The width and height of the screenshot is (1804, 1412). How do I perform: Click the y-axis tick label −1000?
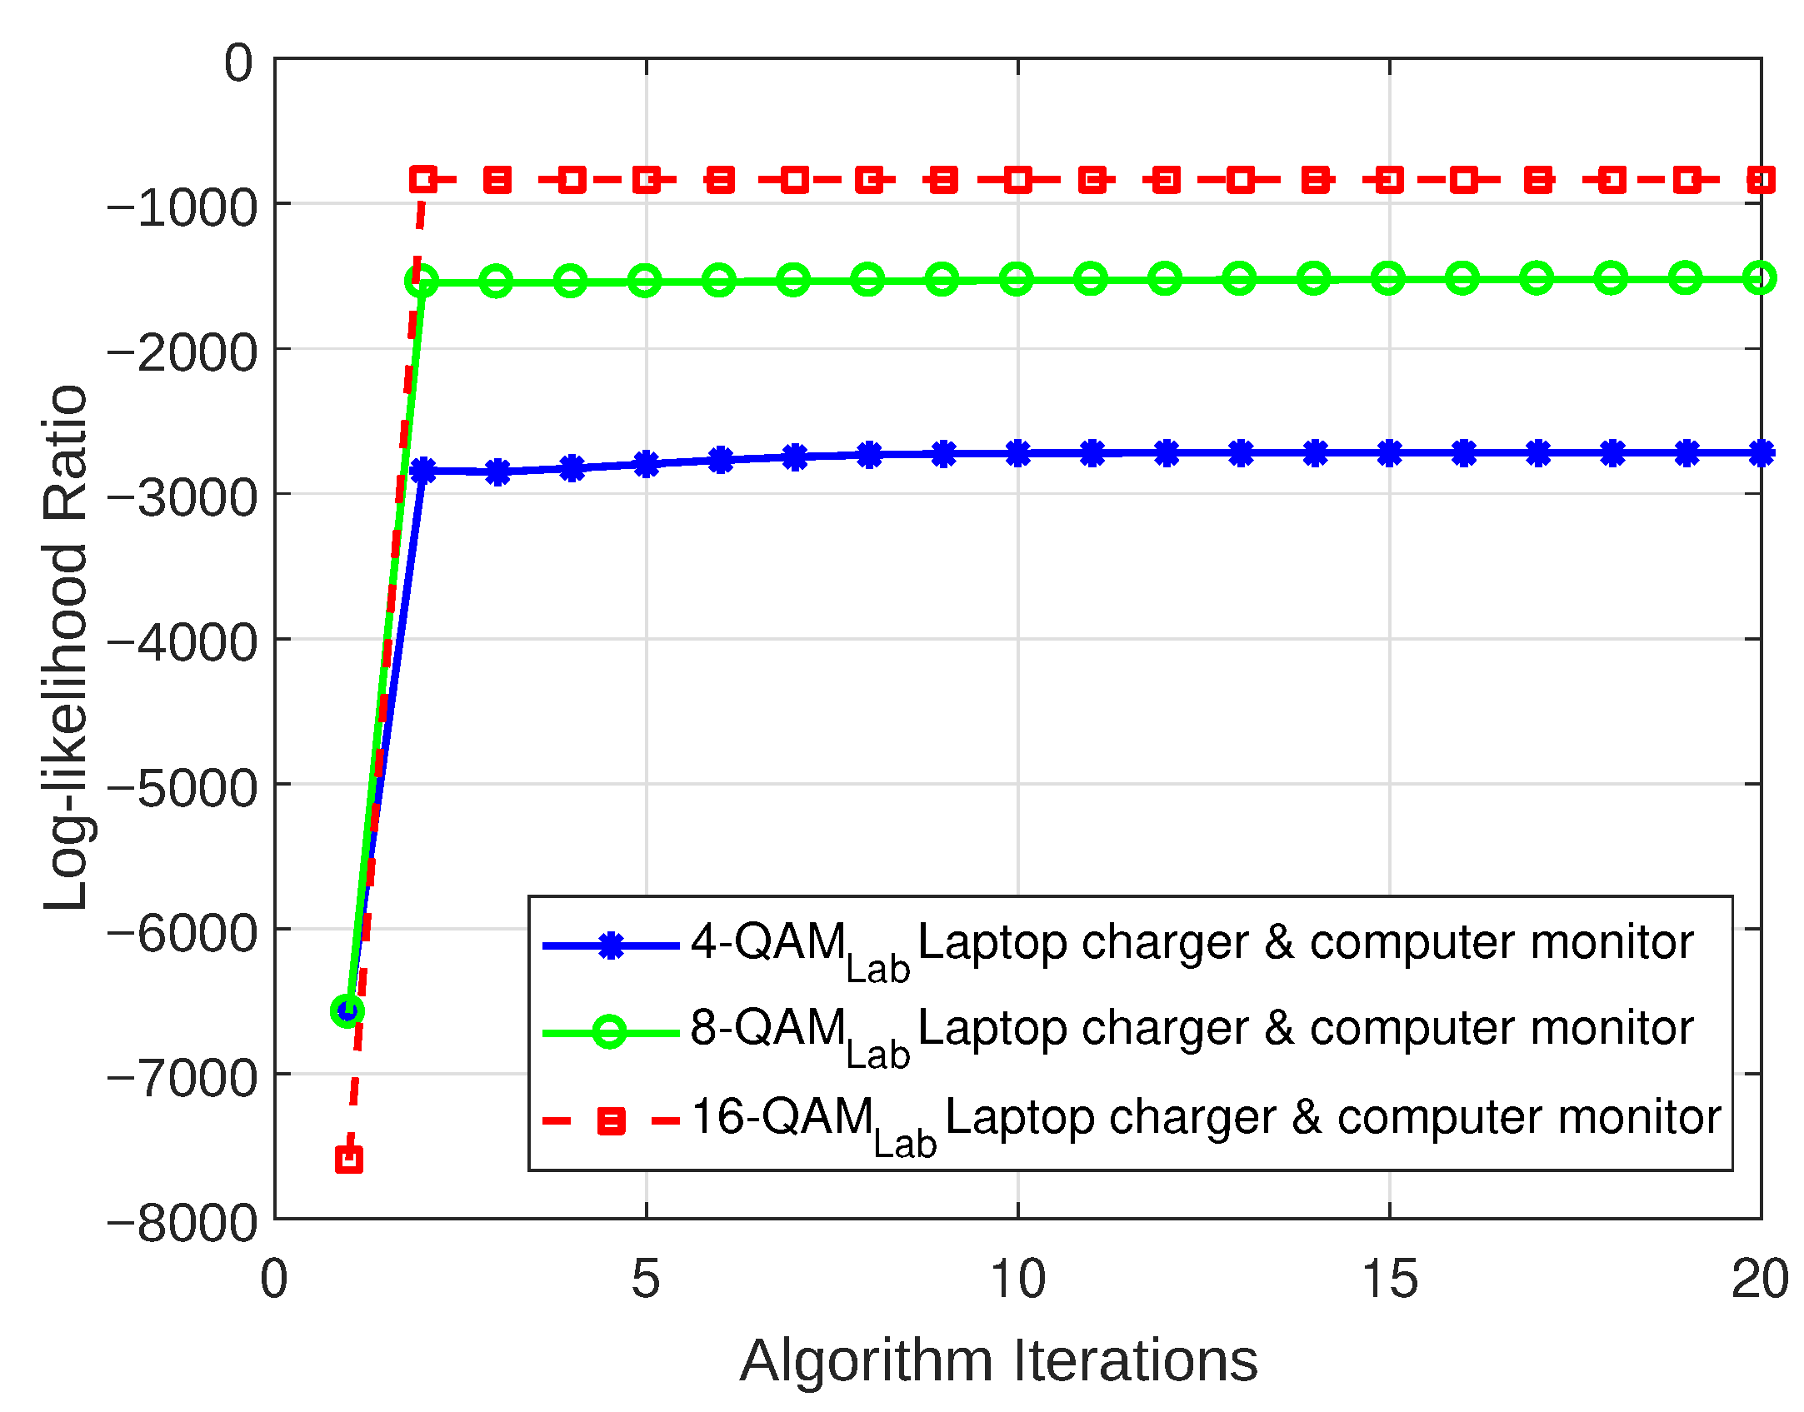182,208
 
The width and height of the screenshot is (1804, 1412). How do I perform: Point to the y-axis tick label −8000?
182,1223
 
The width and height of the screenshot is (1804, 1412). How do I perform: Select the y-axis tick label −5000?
182,788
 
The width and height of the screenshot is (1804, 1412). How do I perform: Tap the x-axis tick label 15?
1389,1279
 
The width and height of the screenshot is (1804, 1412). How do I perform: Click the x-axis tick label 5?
646,1279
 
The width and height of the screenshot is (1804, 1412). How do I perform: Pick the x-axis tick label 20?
1759,1279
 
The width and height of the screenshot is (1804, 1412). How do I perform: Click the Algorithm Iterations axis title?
998,1360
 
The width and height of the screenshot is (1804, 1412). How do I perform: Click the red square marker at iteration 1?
348,1159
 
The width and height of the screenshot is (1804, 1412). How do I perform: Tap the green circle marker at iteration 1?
347,1010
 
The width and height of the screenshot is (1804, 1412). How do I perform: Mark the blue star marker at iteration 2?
423,471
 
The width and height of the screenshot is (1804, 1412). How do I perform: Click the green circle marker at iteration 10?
1017,279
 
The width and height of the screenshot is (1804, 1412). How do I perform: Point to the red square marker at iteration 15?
1389,179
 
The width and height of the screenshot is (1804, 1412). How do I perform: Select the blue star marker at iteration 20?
1761,453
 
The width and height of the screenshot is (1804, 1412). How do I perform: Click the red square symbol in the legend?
611,1121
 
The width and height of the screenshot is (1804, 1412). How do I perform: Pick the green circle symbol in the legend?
610,1033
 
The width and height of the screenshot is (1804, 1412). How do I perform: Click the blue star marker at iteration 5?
646,464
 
